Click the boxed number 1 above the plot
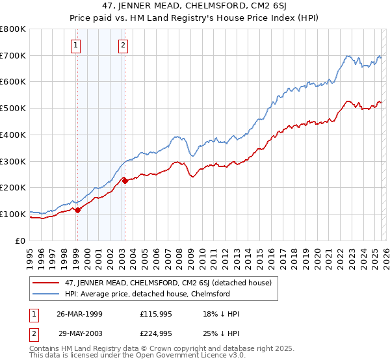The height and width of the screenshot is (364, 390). point(76,45)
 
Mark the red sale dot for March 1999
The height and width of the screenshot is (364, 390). point(77,210)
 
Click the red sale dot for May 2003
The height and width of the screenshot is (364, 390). point(125,181)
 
